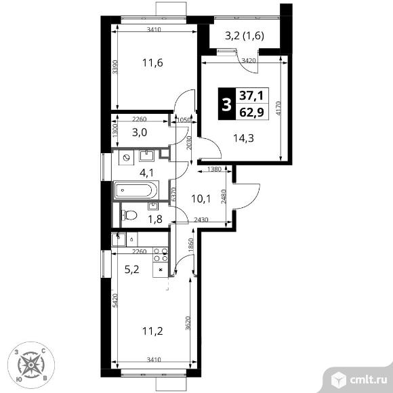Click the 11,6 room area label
[x=152, y=62]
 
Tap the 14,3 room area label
[x=243, y=138]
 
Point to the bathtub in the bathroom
[x=136, y=190]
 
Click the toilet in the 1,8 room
[x=129, y=215]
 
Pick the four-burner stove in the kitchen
[x=161, y=255]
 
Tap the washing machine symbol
[x=126, y=158]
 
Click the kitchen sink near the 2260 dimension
[x=119, y=239]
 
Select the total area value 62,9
[x=251, y=112]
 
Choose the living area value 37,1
[x=251, y=96]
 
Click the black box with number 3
[x=227, y=104]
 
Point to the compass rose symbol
[x=31, y=365]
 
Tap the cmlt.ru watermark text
[x=368, y=380]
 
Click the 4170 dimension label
[x=279, y=108]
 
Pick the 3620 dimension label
[x=188, y=324]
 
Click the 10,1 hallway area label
[x=201, y=199]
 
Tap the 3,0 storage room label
[x=140, y=132]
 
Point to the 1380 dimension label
[x=215, y=169]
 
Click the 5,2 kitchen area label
[x=132, y=270]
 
